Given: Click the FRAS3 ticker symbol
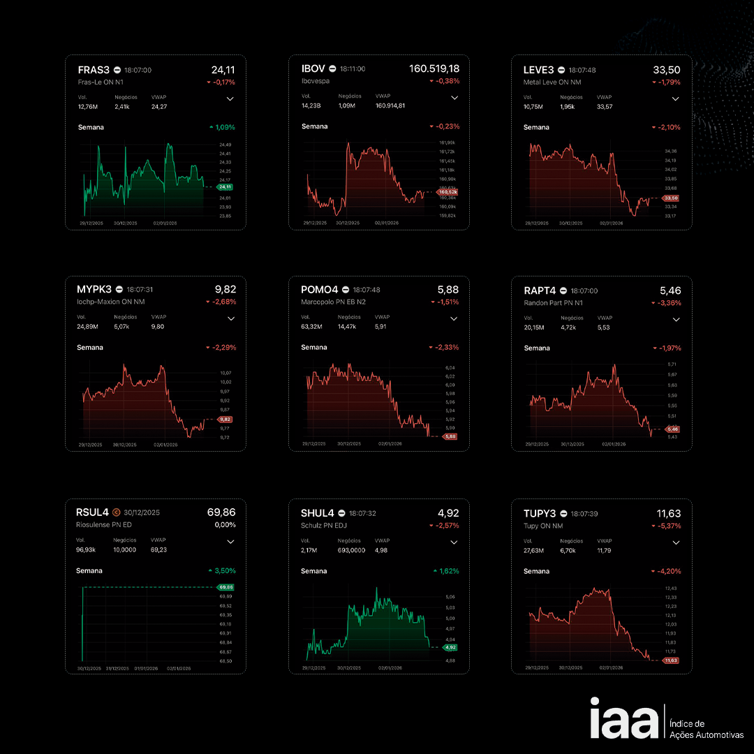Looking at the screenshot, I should click(94, 70).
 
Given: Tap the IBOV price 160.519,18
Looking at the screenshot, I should click(434, 69).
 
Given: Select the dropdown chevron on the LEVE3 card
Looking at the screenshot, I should click(675, 99).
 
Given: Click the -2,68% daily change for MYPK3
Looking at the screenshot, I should click(221, 302).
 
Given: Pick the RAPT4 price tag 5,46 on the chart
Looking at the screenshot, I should click(672, 429).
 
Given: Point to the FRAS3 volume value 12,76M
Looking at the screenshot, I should click(88, 107).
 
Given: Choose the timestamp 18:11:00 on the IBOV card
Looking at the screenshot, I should click(353, 69).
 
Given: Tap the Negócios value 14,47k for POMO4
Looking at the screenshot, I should click(347, 327).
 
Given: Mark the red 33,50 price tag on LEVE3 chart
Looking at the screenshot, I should click(670, 198).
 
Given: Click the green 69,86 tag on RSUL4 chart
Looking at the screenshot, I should click(226, 587).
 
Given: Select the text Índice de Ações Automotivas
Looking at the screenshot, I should click(706, 729).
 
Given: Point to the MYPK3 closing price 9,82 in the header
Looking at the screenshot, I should click(225, 290).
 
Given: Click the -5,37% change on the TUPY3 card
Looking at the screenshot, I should click(667, 526).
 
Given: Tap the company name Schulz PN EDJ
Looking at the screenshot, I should click(324, 525).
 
